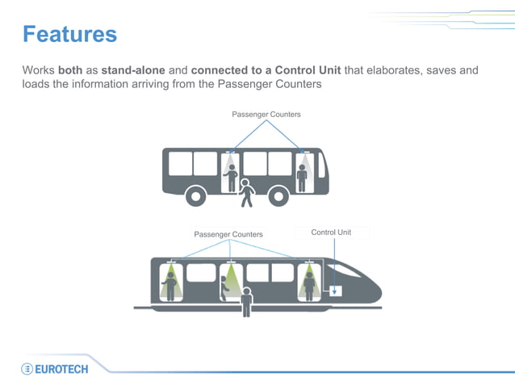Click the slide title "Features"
point(69,34)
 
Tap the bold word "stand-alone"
point(134,70)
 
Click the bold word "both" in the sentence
point(73,70)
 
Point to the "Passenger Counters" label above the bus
point(266,115)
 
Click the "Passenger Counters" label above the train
point(228,234)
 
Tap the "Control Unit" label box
point(331,233)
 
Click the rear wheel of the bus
point(195,195)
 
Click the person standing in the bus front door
point(302,177)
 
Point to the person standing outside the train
point(246,301)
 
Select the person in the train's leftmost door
point(171,283)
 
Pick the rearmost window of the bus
point(180,163)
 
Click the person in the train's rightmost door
point(308,283)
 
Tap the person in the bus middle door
point(232,177)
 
